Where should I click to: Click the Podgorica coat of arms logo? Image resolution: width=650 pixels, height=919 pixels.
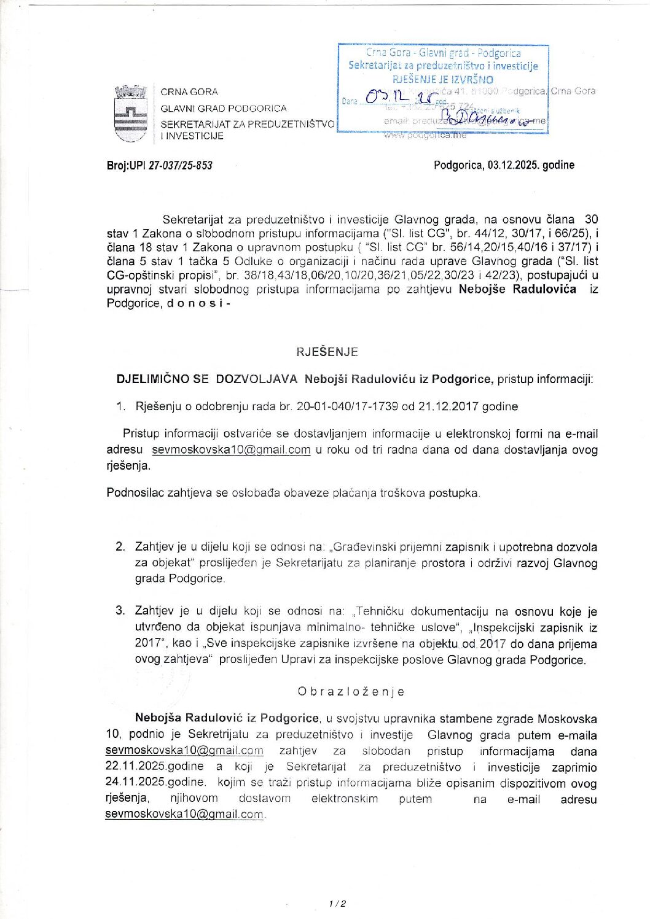(x=131, y=114)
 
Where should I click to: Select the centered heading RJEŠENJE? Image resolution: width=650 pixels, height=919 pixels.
(x=327, y=352)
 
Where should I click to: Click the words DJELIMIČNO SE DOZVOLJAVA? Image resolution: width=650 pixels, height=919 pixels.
(x=207, y=379)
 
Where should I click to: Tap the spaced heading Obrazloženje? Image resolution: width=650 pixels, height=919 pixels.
(x=351, y=691)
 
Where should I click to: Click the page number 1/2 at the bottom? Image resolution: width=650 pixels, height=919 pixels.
(x=337, y=903)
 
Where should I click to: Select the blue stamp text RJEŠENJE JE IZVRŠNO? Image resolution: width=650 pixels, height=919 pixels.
(x=442, y=79)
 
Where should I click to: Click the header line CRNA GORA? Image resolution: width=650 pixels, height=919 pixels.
(x=189, y=92)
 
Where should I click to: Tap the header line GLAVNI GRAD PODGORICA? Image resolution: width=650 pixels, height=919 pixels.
(x=224, y=109)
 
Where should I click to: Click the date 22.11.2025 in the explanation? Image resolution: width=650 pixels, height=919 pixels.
(x=154, y=767)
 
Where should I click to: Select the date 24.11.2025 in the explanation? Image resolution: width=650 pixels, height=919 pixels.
(x=154, y=783)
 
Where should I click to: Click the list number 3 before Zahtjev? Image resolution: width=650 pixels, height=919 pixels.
(x=120, y=610)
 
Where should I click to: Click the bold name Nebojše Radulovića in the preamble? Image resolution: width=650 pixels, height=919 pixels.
(x=517, y=289)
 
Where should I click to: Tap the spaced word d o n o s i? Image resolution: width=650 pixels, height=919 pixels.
(x=195, y=303)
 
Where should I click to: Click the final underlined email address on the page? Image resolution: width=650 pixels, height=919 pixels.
(x=184, y=815)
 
